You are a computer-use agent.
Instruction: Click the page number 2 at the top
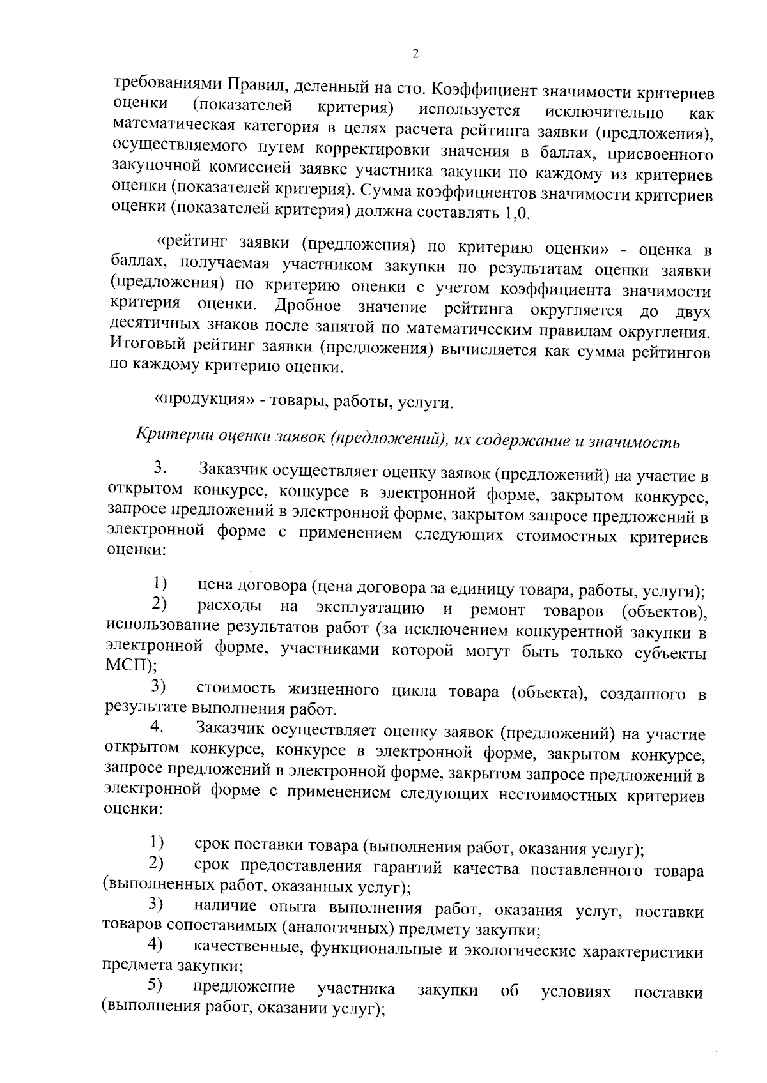[415, 54]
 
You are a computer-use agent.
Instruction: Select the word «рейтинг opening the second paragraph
[194, 243]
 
